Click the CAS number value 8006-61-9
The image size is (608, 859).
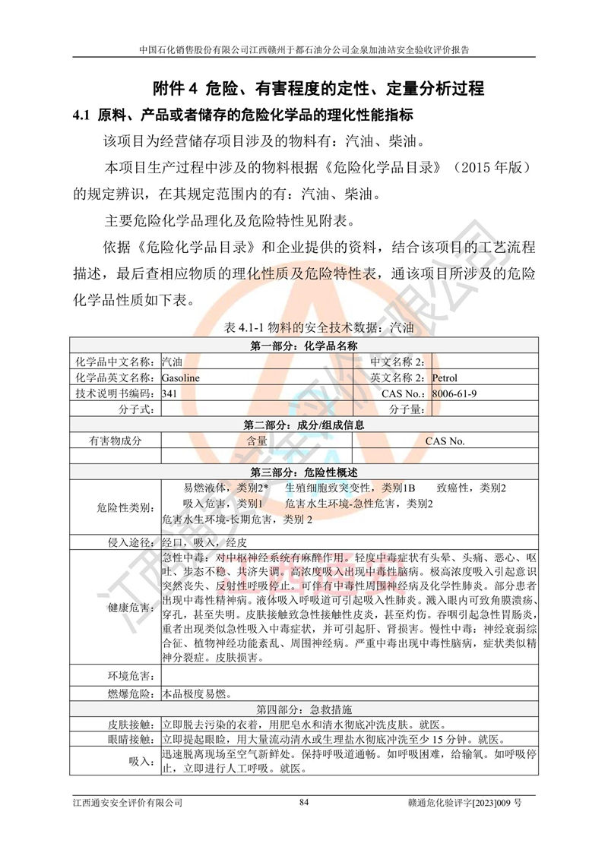454,393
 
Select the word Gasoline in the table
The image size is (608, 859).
182,377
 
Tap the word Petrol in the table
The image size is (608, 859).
445,377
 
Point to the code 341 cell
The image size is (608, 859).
170,393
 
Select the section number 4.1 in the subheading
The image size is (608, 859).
81,115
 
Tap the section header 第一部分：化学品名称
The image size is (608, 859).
303,346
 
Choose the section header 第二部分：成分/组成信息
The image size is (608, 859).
303,425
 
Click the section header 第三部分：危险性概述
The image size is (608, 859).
303,472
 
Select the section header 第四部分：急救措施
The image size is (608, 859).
303,709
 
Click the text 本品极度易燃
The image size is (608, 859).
196,693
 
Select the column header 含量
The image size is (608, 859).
256,441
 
